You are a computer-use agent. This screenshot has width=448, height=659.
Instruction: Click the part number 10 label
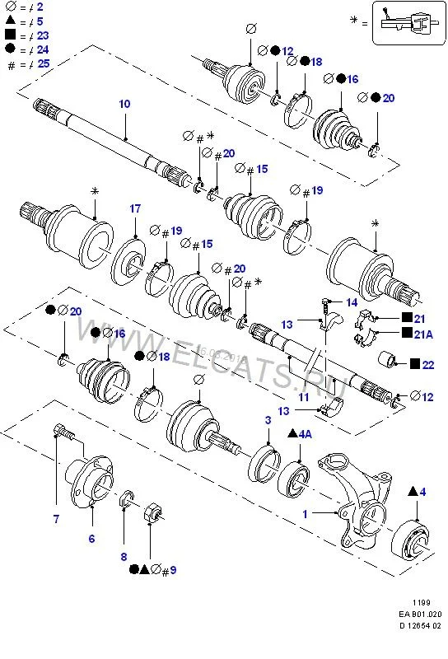coord(124,104)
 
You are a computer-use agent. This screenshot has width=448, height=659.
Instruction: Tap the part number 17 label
coord(135,208)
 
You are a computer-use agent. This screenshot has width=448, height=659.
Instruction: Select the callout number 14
coord(352,302)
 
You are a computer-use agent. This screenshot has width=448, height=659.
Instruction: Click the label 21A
coord(423,334)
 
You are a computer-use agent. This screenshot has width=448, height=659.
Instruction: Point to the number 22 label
coord(428,364)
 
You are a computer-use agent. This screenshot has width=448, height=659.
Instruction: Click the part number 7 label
coord(56,519)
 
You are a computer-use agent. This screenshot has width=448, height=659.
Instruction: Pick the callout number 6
coord(91,539)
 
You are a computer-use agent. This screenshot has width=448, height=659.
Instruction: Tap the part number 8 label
coord(124,557)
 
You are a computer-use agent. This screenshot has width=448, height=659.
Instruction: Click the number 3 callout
coord(268,420)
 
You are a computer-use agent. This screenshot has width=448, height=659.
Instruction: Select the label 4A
coord(305,434)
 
